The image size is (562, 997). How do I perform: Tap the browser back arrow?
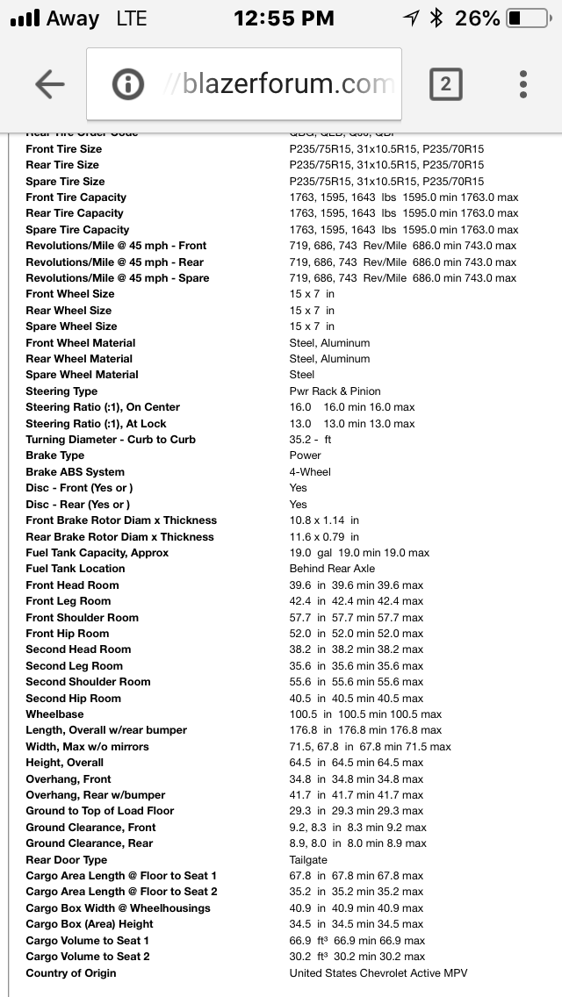pos(50,84)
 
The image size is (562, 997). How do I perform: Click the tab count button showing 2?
pos(445,84)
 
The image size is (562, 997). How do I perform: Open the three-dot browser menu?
pos(523,84)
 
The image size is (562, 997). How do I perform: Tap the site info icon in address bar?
pos(128,84)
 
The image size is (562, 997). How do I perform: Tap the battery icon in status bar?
pos(526,18)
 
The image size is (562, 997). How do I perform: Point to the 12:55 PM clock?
pos(284,18)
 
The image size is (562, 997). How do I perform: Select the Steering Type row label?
pos(61,391)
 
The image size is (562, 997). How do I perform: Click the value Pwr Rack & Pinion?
pos(335,391)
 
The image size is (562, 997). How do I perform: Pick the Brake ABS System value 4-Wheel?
pos(310,472)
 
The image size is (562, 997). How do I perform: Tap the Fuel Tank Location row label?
pos(76,569)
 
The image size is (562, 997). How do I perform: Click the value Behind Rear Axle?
pos(332,569)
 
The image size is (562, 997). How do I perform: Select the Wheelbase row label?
pos(54,714)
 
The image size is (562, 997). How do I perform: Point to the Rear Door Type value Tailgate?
pos(308,860)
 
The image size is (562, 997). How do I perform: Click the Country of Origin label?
pos(71,973)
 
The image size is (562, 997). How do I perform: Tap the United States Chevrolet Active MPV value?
pos(378,973)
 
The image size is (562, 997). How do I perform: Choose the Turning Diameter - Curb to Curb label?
pos(111,440)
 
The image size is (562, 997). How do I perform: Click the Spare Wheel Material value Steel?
pos(302,375)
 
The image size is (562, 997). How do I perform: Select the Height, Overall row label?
pos(65,763)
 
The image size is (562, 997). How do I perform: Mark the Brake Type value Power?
pos(306,455)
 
